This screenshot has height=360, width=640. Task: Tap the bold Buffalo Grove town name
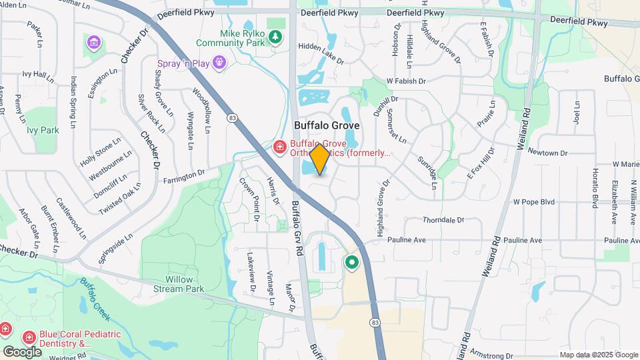click(327, 125)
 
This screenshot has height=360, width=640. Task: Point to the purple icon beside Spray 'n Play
click(219, 63)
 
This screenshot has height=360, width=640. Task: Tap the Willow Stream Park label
click(175, 285)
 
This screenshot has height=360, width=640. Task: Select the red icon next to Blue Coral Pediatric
click(29, 339)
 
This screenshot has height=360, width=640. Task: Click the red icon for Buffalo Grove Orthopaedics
click(280, 146)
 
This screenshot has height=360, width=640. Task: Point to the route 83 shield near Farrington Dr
click(232, 118)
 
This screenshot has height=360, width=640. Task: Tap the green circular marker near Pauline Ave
click(351, 263)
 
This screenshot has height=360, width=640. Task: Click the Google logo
click(22, 351)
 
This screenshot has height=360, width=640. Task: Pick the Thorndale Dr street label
click(443, 219)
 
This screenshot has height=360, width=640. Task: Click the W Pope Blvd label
click(533, 201)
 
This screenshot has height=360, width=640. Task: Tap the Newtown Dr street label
click(547, 153)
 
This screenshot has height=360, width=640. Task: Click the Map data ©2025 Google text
click(599, 355)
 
